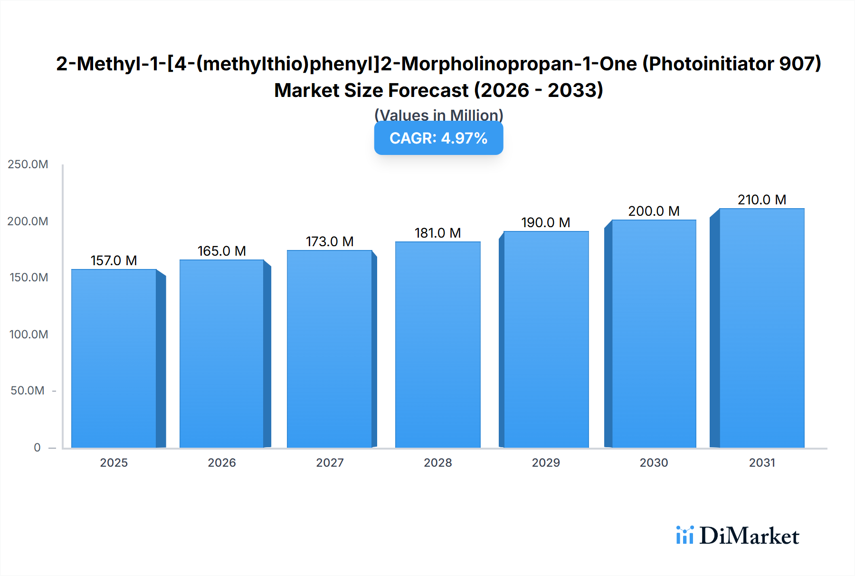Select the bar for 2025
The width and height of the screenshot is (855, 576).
point(114,359)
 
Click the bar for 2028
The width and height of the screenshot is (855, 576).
point(437,345)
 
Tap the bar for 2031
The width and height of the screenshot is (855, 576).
point(762,328)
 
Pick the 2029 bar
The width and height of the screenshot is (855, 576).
point(546,340)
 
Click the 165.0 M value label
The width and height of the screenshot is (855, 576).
point(222,251)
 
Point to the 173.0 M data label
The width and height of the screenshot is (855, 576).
point(330,241)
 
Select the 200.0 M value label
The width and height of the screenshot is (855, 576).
point(654,211)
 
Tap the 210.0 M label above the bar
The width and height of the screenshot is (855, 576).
point(762,200)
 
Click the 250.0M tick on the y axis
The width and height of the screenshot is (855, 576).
point(28,164)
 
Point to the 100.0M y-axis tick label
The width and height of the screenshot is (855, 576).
point(28,335)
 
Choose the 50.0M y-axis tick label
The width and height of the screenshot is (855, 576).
point(28,391)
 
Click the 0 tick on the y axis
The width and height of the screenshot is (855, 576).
point(37,447)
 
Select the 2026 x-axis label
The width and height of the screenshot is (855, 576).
point(222,462)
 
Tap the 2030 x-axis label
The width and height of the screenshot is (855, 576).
point(654,462)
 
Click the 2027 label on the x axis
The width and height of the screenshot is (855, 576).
point(330,462)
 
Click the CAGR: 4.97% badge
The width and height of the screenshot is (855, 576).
point(438,138)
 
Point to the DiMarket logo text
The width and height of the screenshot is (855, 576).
point(749,536)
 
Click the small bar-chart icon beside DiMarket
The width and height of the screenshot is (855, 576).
point(684,535)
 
